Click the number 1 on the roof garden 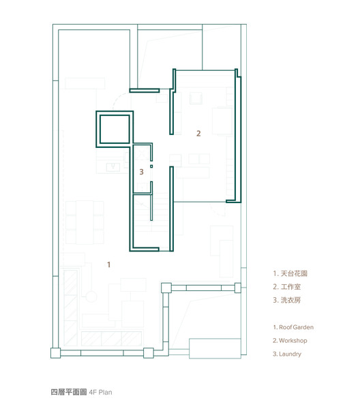(108, 264)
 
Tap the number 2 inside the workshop (198, 134)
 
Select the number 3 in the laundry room (141, 172)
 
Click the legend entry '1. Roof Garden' (293, 327)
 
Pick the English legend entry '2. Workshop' (290, 341)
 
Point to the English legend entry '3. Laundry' (287, 354)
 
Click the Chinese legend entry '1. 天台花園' (290, 273)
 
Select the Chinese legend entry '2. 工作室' (286, 286)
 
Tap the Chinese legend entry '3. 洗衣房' (286, 300)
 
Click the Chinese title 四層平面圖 (69, 392)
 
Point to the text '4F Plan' (100, 393)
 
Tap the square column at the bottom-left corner (56, 353)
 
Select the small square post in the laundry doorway (151, 166)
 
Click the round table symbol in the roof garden (91, 296)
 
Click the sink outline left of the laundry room (113, 167)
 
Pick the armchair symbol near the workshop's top (196, 98)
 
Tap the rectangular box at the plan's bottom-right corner (215, 348)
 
